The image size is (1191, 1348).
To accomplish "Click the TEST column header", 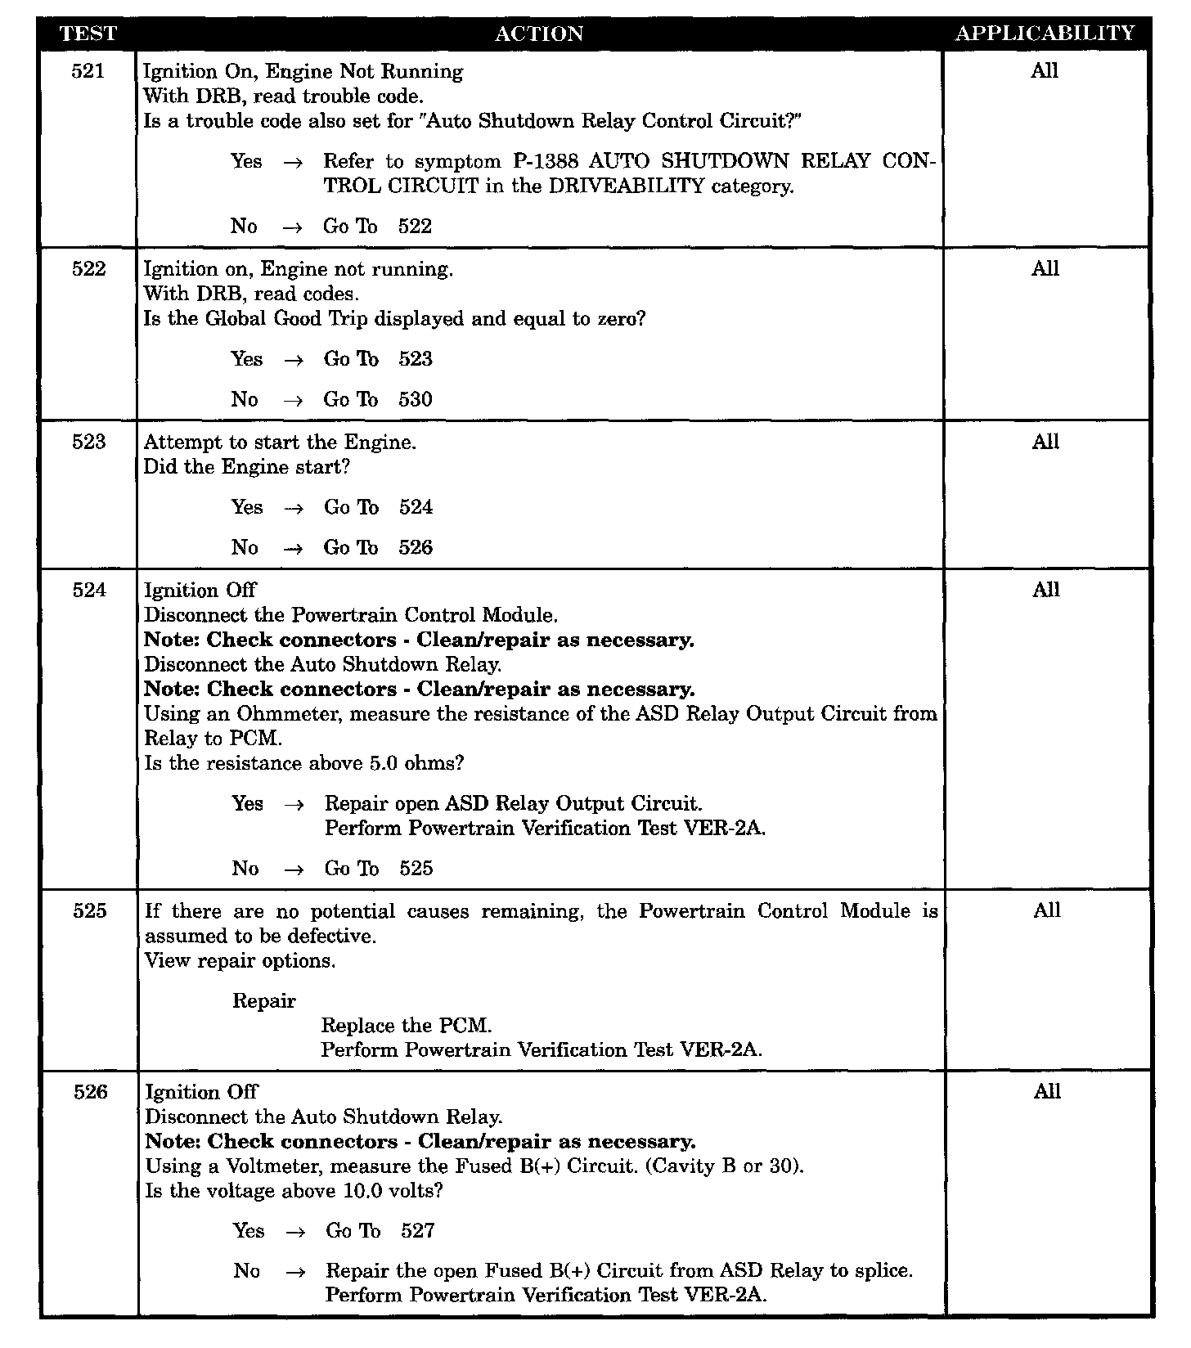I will pos(88,34).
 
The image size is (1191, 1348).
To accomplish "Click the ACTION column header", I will pos(539,34).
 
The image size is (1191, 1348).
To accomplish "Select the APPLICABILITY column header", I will pos(1045,34).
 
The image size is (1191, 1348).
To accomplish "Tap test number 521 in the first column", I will pos(88,71).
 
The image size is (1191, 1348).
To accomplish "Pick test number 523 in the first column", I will pos(89,443).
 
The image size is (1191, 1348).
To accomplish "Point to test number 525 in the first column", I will pos(90,911).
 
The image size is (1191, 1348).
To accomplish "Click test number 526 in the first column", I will pos(90,1092).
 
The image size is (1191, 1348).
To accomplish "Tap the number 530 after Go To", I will pos(416,400).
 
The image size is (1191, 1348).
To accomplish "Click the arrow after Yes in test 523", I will pos(293,508).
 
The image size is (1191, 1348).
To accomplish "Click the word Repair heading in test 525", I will pos(263,1001).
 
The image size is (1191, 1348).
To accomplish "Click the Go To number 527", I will pos(418,1231).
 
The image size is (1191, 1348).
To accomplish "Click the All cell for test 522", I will pos(1045,269).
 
